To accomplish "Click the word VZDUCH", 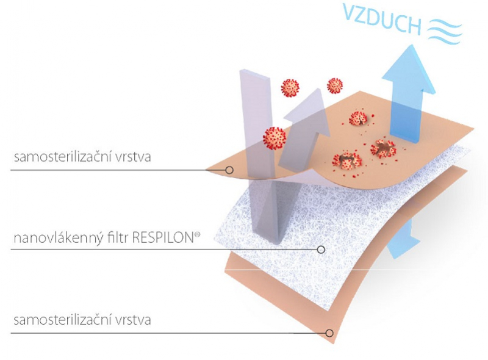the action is pos(382,19).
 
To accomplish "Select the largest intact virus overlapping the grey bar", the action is pos(274,139).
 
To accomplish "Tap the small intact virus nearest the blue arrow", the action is pos(335,86).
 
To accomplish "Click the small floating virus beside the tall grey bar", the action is pos(290,88).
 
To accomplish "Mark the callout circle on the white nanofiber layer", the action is pos(321,250).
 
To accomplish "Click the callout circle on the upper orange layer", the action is pos(229,170).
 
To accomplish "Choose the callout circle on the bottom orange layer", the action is pos(329,333).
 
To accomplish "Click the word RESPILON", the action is pos(163,238).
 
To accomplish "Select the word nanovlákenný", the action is pos(58,239).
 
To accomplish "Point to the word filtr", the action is pos(118,237).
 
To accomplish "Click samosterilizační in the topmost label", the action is pos(63,156).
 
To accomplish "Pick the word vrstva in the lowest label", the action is pos(133,320).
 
